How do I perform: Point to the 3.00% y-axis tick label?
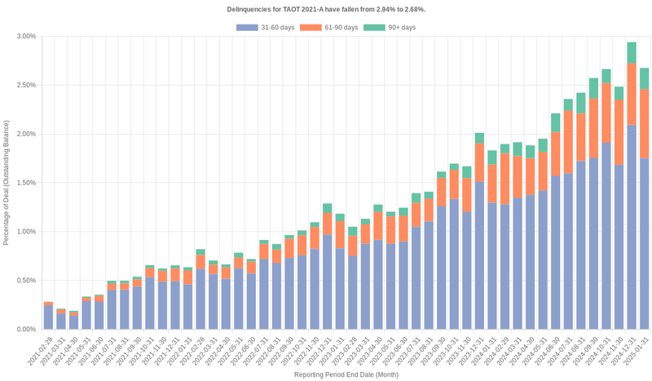[25, 36]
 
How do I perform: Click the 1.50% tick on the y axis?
[25, 183]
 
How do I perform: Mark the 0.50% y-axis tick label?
[25, 281]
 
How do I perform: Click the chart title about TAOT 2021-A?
[326, 9]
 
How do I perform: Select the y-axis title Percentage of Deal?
[7, 183]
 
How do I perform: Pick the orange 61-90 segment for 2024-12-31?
[632, 94]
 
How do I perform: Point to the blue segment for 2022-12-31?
[327, 281]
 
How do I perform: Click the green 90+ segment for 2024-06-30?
[556, 122]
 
